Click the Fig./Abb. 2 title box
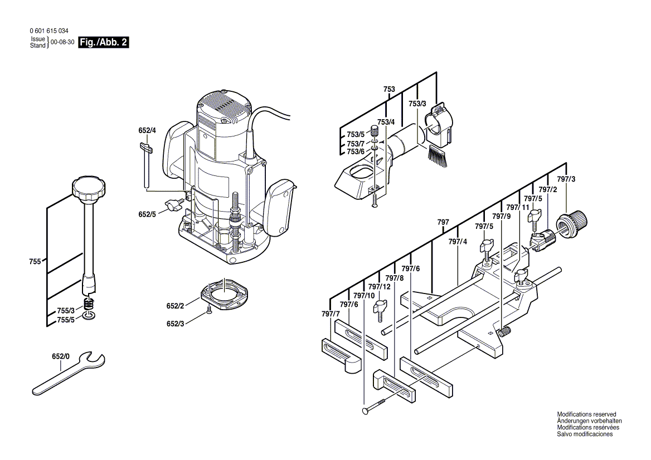pos(104,42)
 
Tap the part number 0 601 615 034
pos(44,32)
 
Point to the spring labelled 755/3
pos(89,305)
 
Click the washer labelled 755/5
pos(89,316)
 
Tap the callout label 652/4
pos(147,131)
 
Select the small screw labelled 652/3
pos(208,312)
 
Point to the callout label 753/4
pos(386,123)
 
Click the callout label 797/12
pos(379,287)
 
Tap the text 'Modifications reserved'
pos(586,415)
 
